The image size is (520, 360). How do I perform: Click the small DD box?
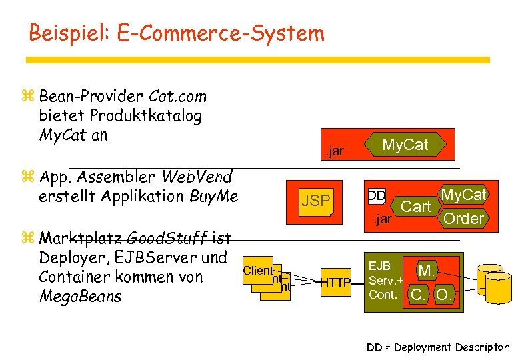point(377,196)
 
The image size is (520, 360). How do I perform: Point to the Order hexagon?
point(463,218)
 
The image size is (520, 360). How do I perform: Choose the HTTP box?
point(337,283)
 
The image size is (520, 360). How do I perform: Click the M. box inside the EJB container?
point(426,271)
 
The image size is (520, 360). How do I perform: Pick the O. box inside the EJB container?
point(444,294)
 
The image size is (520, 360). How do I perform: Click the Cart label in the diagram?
point(415,207)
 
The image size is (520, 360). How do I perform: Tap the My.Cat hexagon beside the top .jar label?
point(405,145)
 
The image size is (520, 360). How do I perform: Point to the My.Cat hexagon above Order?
point(464,195)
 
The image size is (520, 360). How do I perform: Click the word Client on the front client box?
point(259,270)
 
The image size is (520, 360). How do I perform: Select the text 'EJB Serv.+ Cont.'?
point(383,280)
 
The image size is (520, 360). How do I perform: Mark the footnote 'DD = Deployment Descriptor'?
point(437,347)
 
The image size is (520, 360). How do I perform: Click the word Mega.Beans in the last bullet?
point(80,295)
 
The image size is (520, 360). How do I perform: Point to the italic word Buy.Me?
point(214,196)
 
